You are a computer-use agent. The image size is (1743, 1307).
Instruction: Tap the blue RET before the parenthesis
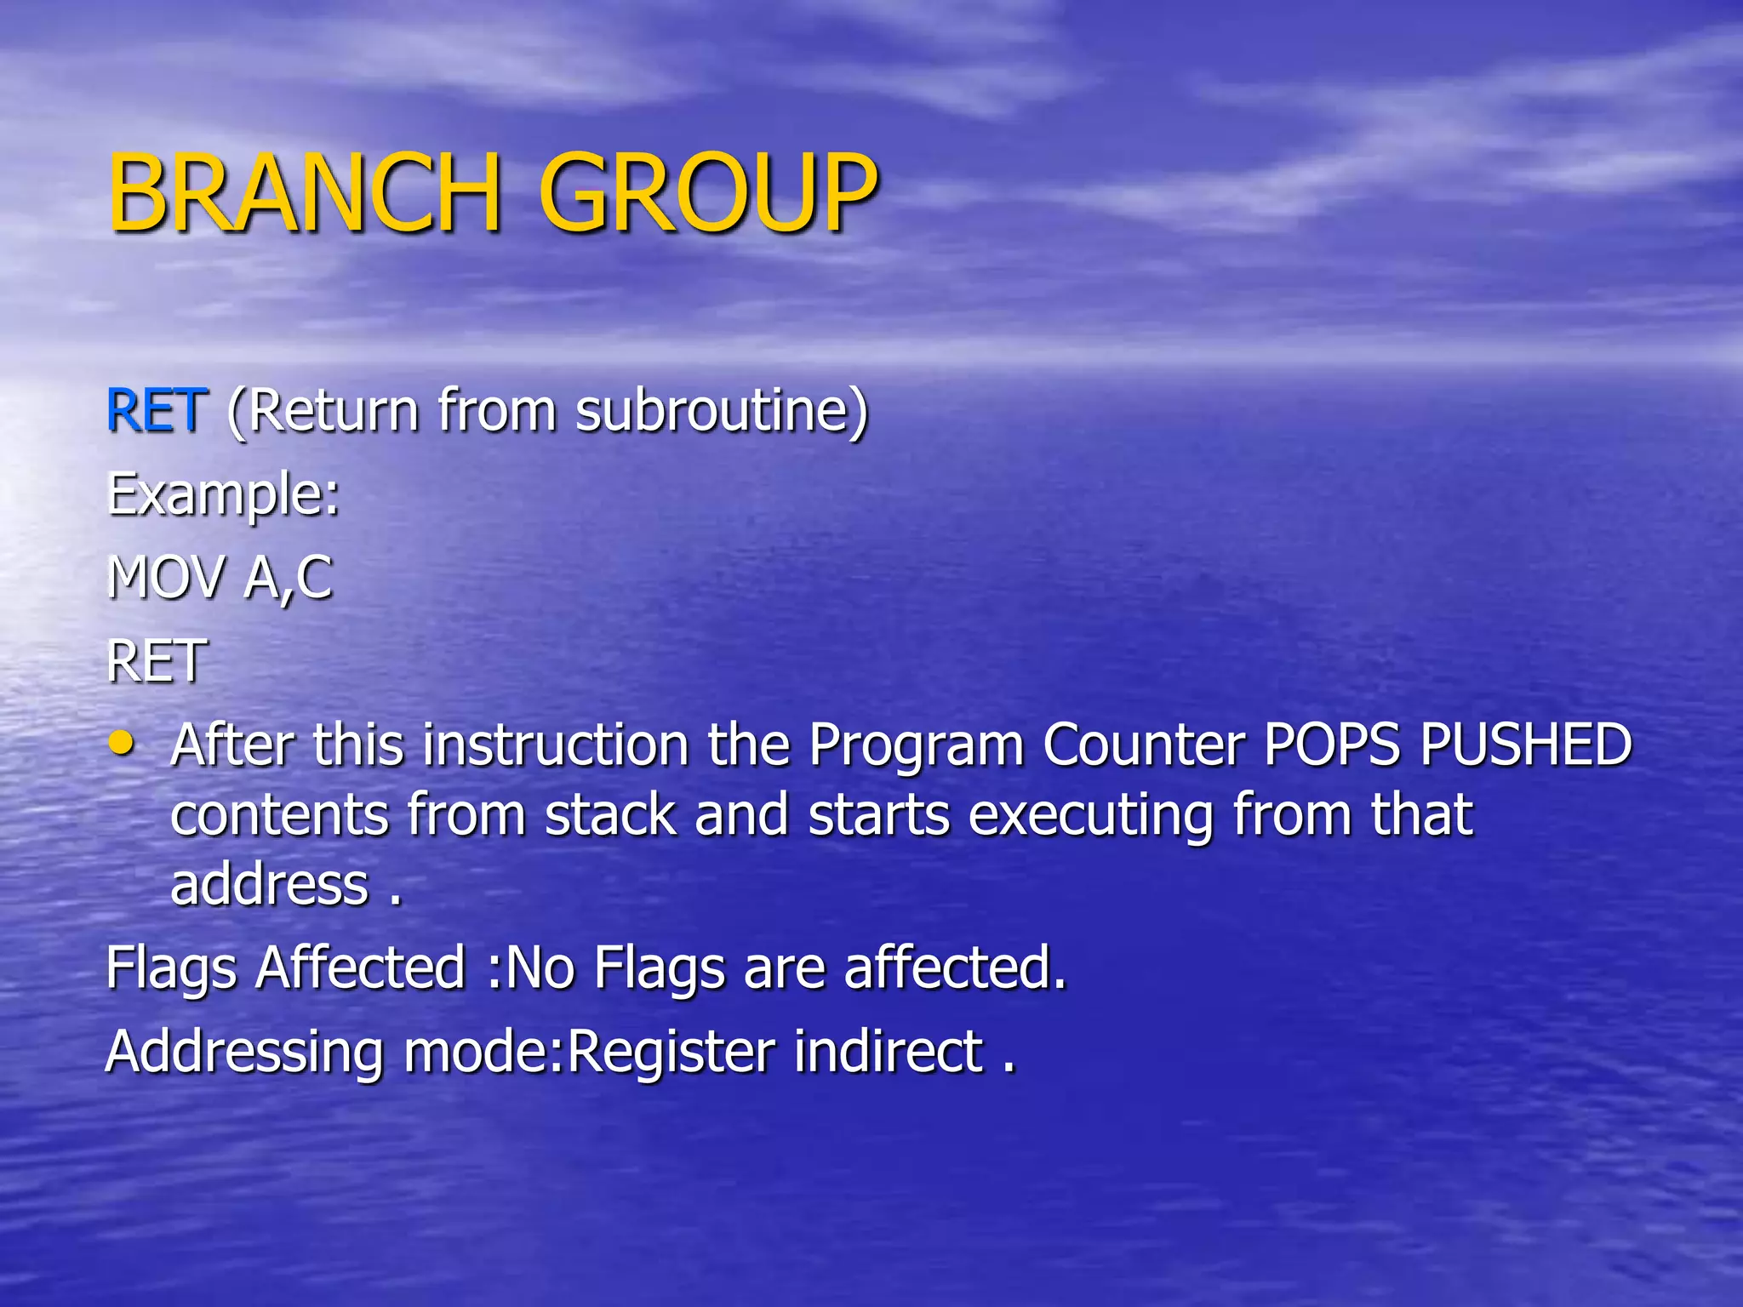[x=157, y=411]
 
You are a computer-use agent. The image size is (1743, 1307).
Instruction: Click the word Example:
[x=223, y=495]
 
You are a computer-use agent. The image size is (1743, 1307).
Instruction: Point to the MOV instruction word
[x=167, y=578]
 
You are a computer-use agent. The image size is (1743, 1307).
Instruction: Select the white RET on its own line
[x=157, y=661]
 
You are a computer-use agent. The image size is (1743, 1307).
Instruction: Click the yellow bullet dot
[x=123, y=743]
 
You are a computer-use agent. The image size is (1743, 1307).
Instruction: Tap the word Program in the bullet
[x=916, y=745]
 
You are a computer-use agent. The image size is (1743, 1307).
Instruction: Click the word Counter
[x=1143, y=745]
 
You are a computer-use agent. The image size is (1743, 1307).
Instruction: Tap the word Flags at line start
[x=171, y=969]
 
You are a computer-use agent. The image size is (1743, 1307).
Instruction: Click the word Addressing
[x=245, y=1053]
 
